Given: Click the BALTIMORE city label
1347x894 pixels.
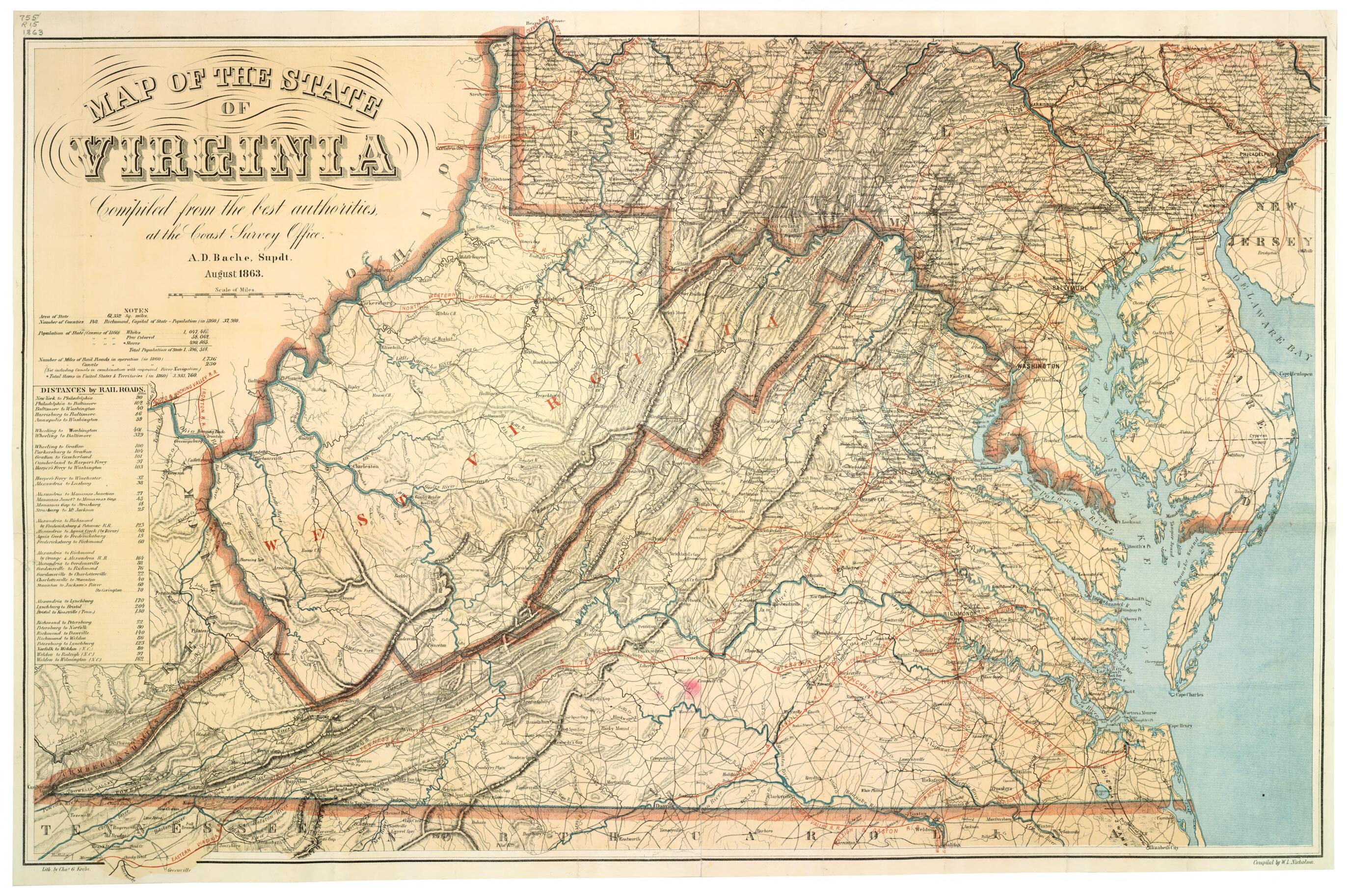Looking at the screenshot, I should coord(1075,288).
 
